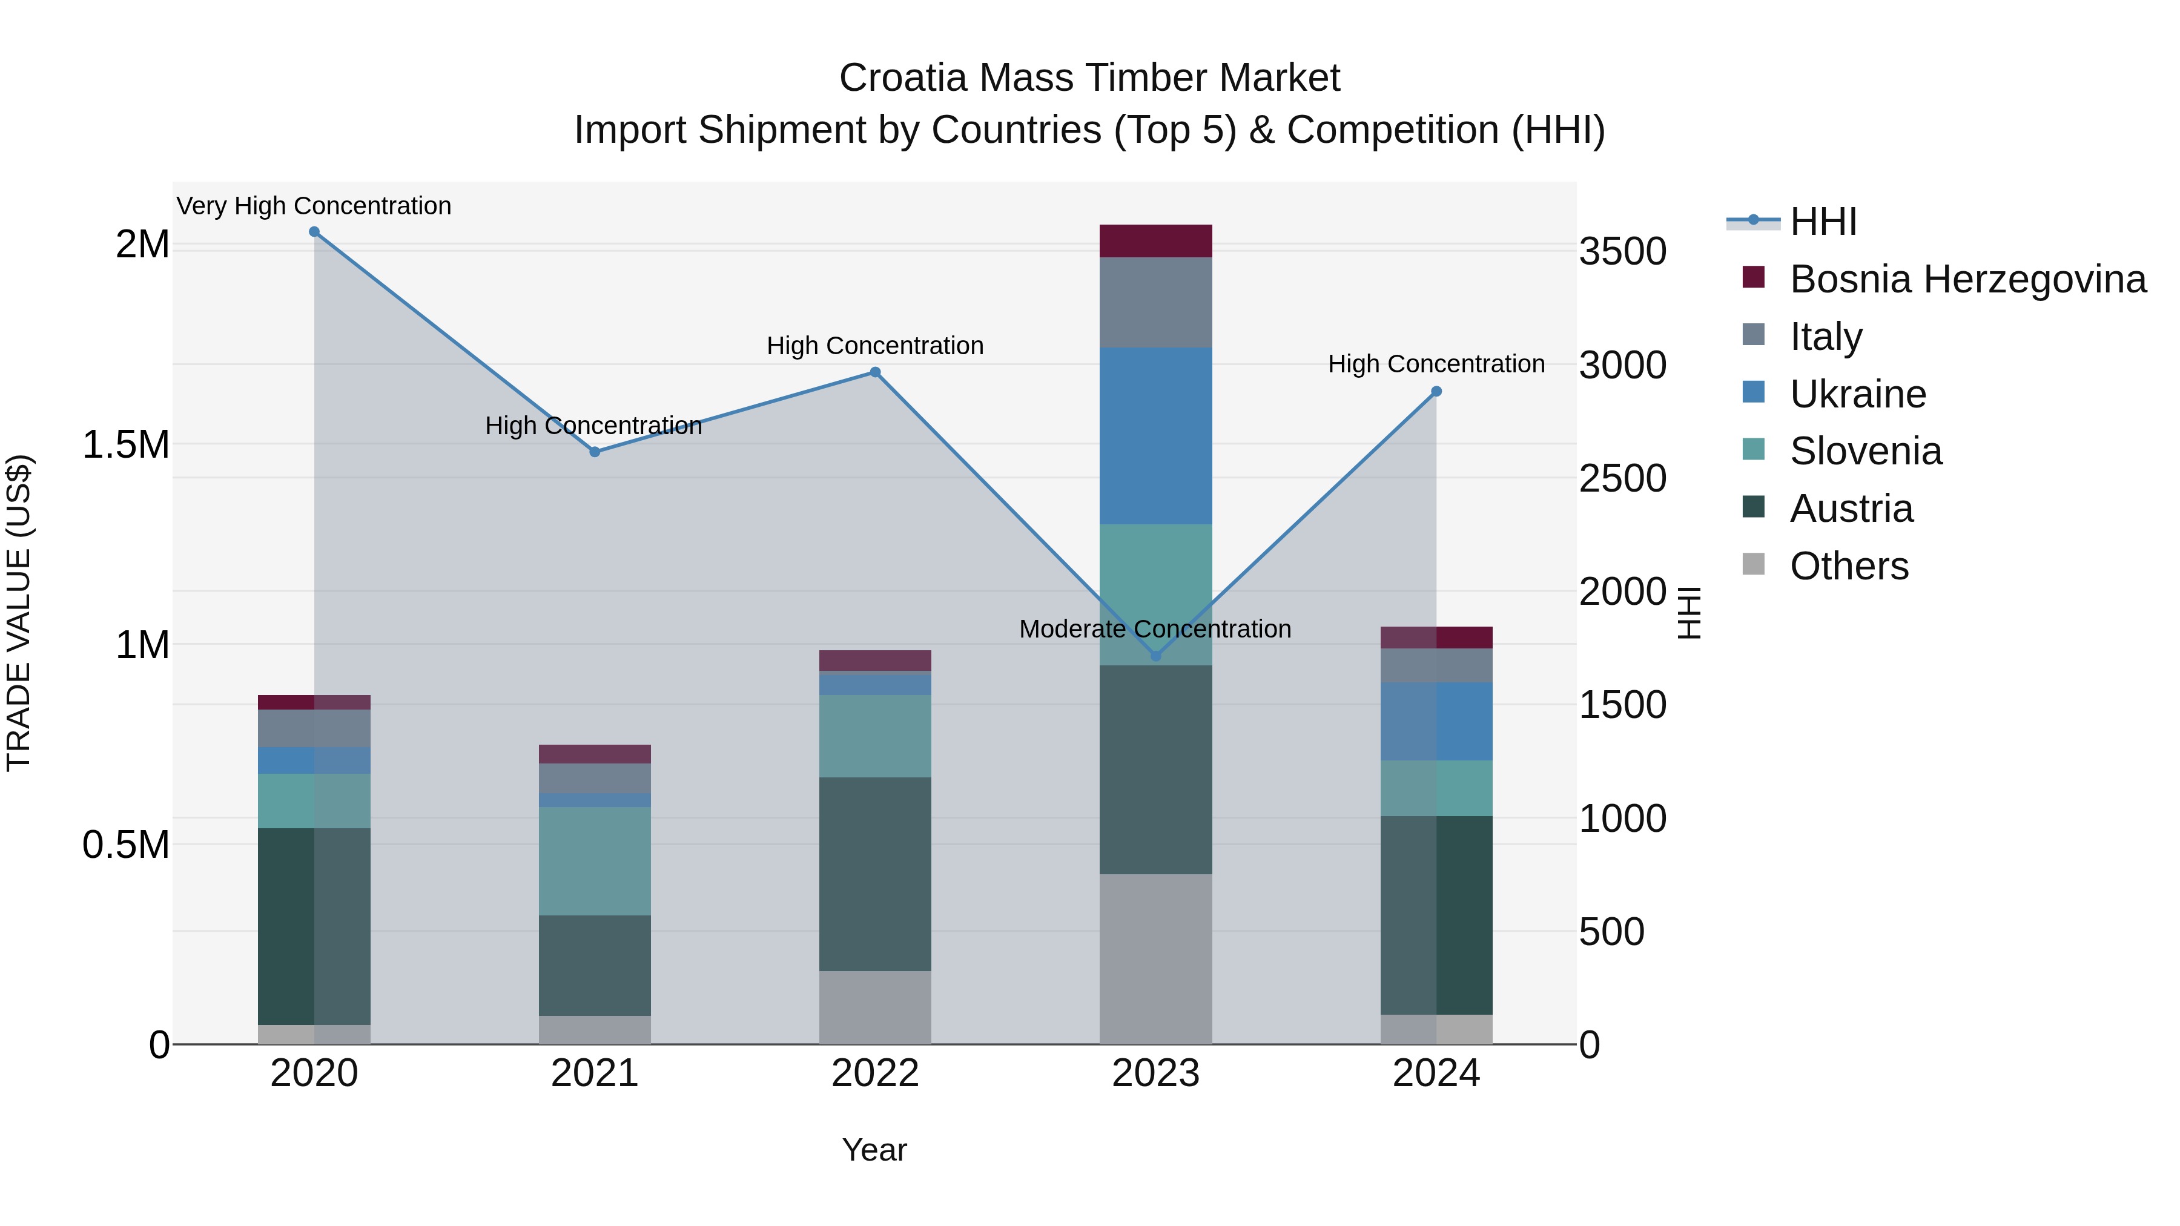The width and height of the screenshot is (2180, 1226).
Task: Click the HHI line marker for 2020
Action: coord(314,232)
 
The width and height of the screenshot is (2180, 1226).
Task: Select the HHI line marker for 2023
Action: coord(1156,656)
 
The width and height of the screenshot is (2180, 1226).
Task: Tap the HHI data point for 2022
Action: coord(875,372)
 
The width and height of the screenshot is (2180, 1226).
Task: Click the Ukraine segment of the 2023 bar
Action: coord(1156,436)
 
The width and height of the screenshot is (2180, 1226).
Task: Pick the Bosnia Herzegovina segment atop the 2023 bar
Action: coord(1156,241)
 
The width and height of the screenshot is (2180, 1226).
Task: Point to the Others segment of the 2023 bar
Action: coord(1156,958)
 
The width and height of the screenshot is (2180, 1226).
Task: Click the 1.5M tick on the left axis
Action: coord(125,445)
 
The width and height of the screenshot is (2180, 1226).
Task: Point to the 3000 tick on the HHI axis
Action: coord(1622,366)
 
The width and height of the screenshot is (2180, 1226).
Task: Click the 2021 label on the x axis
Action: coord(595,1073)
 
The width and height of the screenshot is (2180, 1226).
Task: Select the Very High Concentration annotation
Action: coord(314,206)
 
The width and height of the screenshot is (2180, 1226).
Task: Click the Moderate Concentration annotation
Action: coord(1155,628)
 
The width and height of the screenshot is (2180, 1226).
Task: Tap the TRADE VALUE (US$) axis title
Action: coord(19,613)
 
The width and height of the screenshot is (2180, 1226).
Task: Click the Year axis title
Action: coord(874,1150)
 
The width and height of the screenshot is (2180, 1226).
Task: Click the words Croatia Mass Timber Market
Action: coord(1089,78)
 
